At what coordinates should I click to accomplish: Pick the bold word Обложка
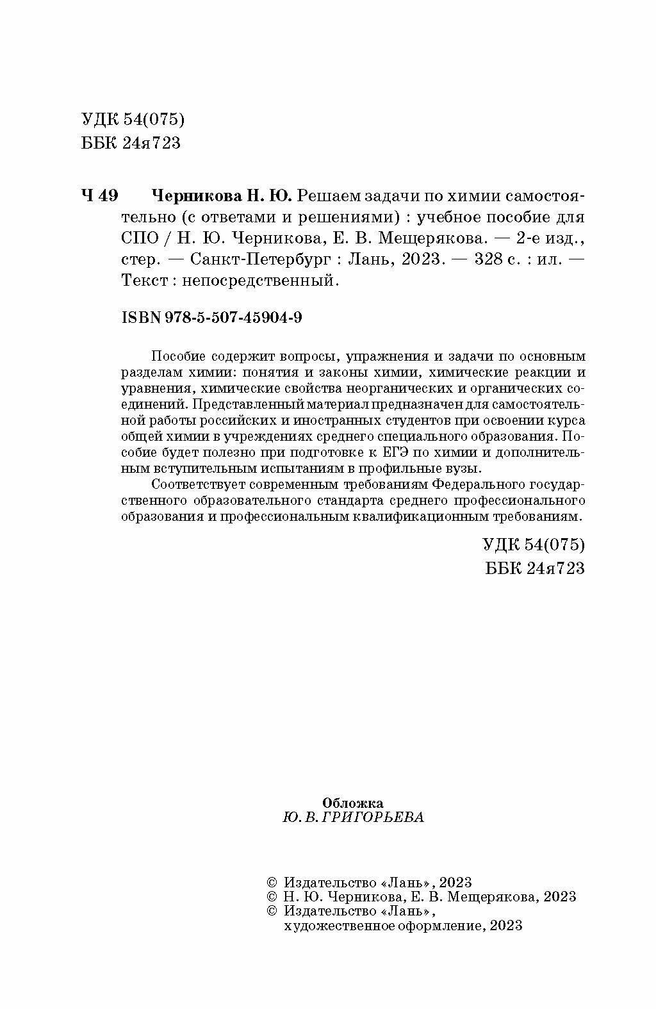[353, 803]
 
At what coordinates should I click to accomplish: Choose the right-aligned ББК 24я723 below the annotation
[535, 568]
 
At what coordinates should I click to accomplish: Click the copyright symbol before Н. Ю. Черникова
[272, 896]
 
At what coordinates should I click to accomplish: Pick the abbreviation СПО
[137, 238]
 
